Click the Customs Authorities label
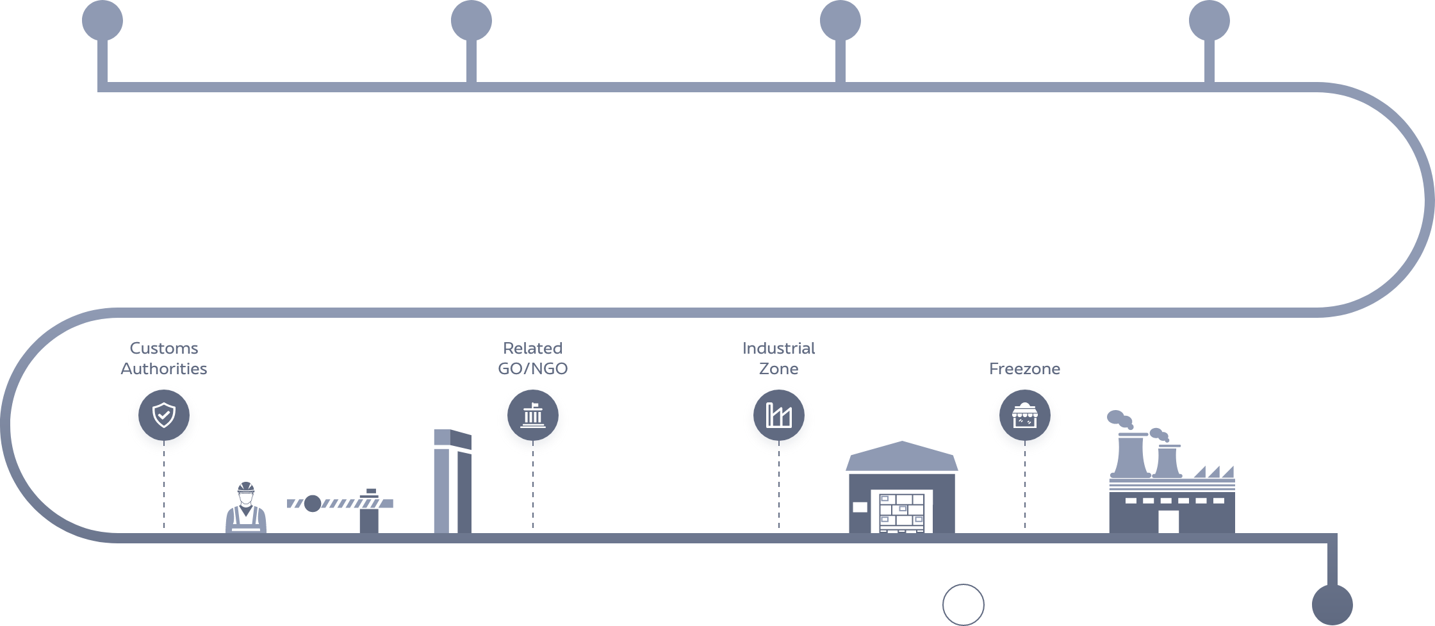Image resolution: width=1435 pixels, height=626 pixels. [x=163, y=358]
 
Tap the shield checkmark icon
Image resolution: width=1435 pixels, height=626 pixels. [x=164, y=416]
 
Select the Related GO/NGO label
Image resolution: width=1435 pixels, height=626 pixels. [x=532, y=358]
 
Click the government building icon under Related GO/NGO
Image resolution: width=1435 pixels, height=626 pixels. [x=533, y=416]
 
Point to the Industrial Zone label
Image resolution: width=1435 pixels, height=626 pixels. [x=778, y=358]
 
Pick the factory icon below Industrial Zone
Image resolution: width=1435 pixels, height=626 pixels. [x=779, y=416]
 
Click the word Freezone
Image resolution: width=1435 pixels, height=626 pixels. [x=1024, y=368]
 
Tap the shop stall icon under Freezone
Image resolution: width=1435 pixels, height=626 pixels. [x=1025, y=417]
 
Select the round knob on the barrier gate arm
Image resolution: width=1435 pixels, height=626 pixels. [x=312, y=504]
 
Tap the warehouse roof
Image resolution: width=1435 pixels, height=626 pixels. [x=902, y=457]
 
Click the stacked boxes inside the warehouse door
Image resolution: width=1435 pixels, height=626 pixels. [x=902, y=512]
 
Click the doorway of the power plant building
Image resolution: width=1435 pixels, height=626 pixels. [x=1168, y=521]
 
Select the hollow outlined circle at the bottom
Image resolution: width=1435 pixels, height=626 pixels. [x=963, y=604]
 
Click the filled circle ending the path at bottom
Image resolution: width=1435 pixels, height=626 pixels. [x=1332, y=604]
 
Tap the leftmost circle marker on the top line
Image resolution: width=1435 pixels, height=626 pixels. [x=102, y=20]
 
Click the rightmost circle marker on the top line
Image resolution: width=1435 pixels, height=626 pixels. [x=1209, y=20]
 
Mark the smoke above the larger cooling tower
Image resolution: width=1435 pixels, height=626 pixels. [x=1119, y=419]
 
